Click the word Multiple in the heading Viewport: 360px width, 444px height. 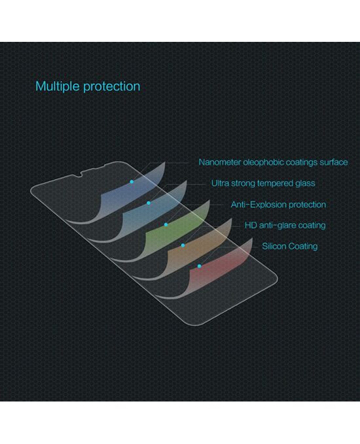click(58, 86)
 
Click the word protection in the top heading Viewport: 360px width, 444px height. click(112, 87)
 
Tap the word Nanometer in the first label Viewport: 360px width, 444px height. click(220, 162)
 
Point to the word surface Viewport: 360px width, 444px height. click(334, 162)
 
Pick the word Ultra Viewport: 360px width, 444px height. click(220, 183)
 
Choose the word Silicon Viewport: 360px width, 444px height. click(274, 247)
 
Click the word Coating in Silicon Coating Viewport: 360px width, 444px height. click(303, 247)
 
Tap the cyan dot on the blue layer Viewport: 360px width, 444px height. click(132, 182)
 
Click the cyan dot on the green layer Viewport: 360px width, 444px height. click(166, 224)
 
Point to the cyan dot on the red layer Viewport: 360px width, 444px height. click(199, 266)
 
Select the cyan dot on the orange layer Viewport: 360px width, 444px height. click(183, 245)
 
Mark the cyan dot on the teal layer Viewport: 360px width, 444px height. click(149, 203)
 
